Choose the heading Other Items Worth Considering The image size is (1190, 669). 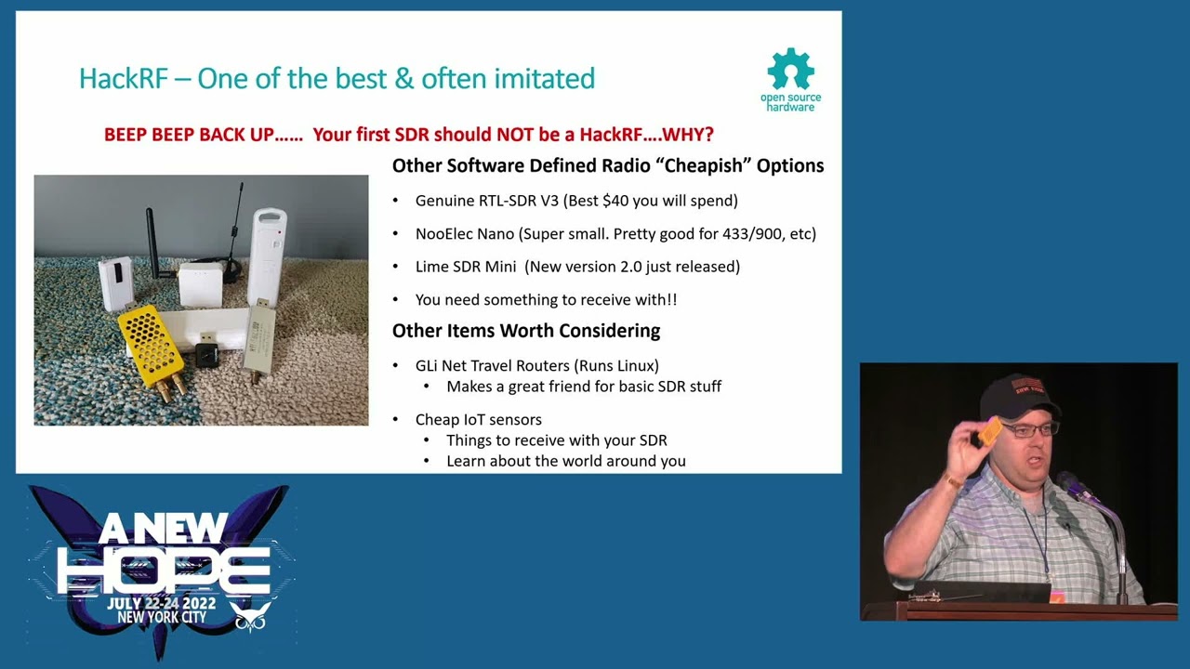(526, 331)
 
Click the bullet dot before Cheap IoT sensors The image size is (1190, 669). (395, 420)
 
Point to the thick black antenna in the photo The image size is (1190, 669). (153, 244)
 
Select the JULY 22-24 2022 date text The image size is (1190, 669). (161, 603)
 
